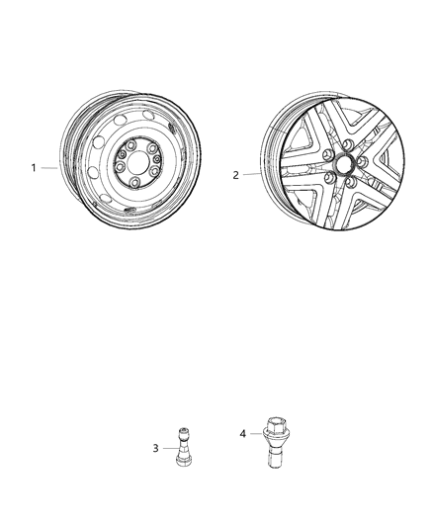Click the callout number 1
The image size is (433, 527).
(33, 168)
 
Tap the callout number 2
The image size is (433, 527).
(235, 175)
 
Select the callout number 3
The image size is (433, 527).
(155, 449)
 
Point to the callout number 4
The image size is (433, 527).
(242, 433)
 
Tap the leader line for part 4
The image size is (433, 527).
(254, 433)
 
